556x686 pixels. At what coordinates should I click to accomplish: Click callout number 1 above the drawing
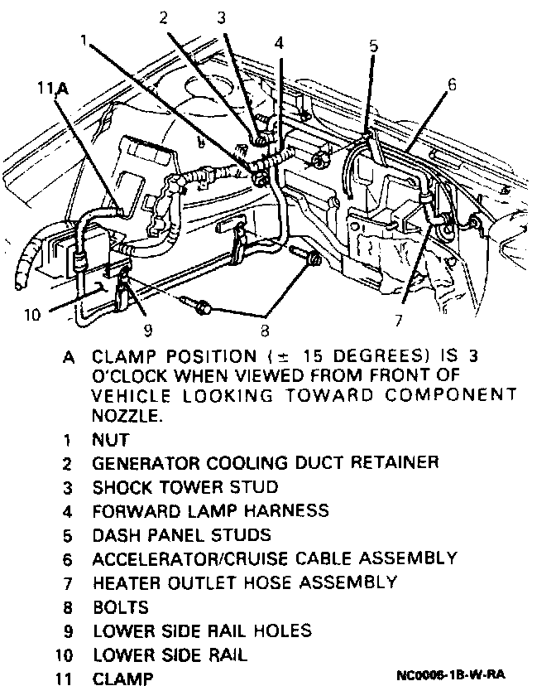point(86,40)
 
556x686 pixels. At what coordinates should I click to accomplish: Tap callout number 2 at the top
point(165,17)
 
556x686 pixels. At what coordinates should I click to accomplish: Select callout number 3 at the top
point(222,17)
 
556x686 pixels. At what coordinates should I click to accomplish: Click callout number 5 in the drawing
point(373,46)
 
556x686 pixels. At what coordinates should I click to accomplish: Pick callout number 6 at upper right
point(451,85)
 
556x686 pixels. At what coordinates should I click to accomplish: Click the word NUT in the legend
point(110,440)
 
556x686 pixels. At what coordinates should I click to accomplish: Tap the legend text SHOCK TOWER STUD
point(185,487)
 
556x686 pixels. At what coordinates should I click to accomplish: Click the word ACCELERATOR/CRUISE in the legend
point(195,558)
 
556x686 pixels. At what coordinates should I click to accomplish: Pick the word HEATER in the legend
point(122,582)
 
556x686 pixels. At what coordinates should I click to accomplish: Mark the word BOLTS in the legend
point(120,607)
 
